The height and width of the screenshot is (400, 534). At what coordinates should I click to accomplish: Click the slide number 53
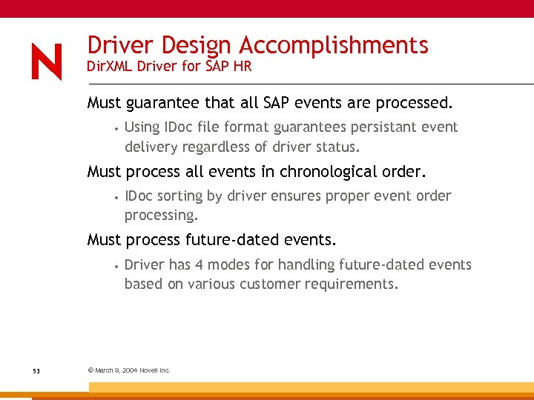click(x=36, y=370)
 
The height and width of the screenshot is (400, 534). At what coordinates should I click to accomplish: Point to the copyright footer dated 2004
click(x=129, y=370)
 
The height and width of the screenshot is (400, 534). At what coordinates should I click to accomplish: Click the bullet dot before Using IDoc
click(x=116, y=128)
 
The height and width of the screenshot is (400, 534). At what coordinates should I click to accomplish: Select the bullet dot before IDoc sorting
click(x=116, y=197)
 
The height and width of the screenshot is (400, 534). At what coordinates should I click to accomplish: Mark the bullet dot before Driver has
click(x=116, y=266)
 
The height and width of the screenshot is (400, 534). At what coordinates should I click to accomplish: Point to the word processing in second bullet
click(x=160, y=215)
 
